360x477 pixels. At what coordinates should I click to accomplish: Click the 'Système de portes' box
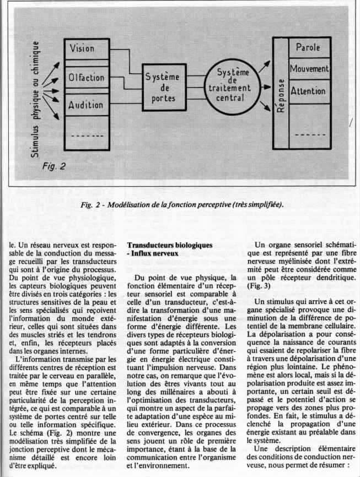click(x=161, y=87)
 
